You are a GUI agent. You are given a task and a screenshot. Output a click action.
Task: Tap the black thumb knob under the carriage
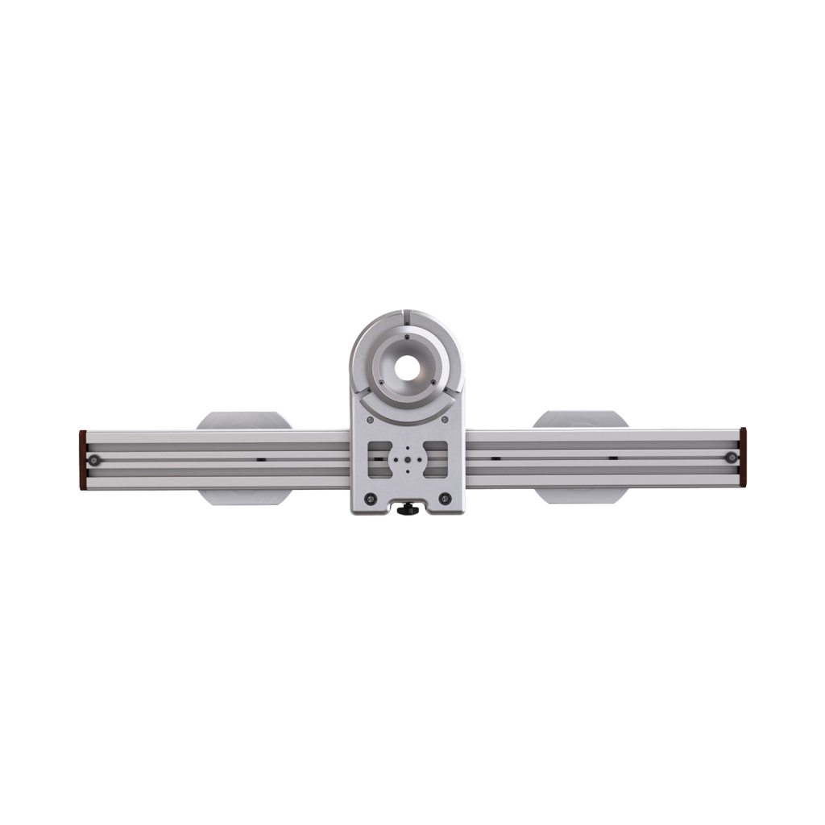point(408,509)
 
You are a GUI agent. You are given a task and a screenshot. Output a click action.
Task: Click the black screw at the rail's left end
point(95,459)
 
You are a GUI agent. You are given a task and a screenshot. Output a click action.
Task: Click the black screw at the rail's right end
point(731,458)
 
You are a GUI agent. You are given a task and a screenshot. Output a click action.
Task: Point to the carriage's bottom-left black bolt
point(370,497)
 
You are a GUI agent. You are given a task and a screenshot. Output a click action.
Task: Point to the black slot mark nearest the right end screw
point(613,458)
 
